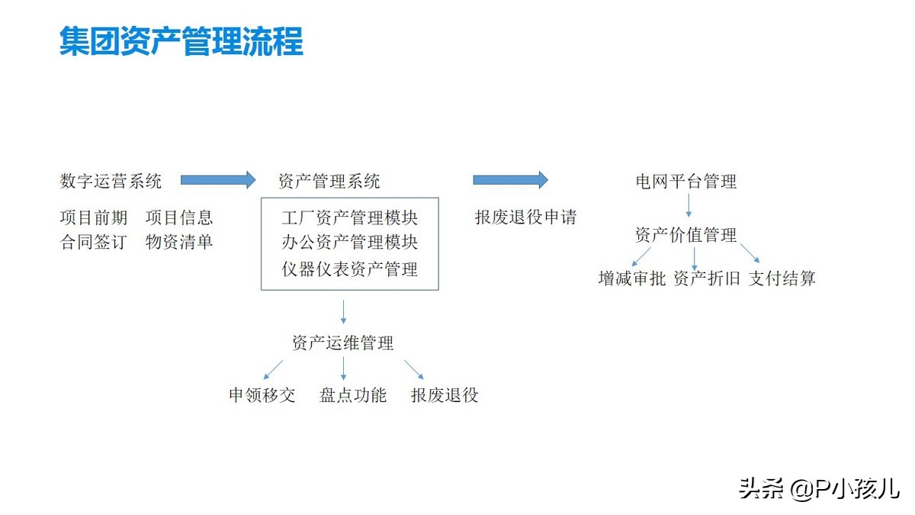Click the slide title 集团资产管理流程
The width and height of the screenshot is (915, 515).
point(181,41)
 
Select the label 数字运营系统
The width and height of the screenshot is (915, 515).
point(111,181)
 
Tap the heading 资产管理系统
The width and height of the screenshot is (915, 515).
point(329,181)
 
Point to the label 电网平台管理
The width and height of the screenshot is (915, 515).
point(686,182)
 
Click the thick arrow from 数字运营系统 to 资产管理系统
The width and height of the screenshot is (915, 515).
point(218,180)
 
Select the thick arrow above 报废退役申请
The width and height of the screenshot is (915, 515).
point(511,180)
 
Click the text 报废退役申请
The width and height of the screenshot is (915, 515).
point(525,217)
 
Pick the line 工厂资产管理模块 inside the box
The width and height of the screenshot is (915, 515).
point(350,218)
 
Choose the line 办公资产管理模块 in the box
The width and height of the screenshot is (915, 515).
point(350,243)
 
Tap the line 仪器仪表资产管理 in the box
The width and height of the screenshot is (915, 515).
point(350,269)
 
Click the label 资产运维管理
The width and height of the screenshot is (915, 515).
point(342,343)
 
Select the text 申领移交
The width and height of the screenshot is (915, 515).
point(262,395)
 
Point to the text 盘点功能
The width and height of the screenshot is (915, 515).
point(353,395)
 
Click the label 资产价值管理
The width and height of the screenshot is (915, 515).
point(686,235)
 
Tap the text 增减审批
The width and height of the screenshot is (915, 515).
point(632,278)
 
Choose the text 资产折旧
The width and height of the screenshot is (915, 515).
point(707,278)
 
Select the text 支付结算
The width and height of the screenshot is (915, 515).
point(782,278)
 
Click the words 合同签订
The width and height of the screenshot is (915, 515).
point(94,242)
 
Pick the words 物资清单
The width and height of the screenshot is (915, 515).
point(179,242)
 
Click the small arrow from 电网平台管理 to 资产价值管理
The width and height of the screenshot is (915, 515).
point(689,205)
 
